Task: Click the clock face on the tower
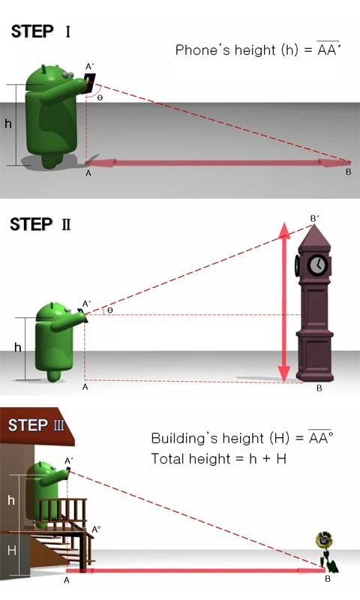[x=318, y=265]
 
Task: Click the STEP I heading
[x=40, y=31]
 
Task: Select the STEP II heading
[x=40, y=223]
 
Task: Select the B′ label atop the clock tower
[x=314, y=218]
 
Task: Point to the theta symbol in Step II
[x=109, y=309]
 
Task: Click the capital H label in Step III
[x=11, y=550]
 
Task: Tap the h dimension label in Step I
[x=8, y=124]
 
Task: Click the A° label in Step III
[x=96, y=529]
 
